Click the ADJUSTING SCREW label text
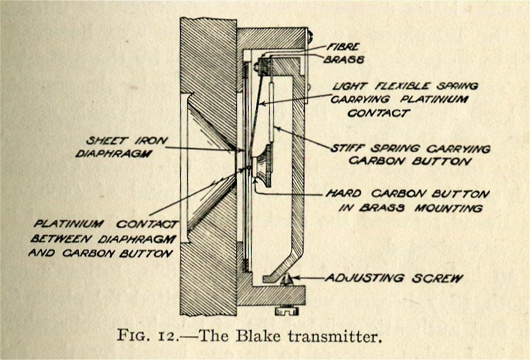[x=394, y=278]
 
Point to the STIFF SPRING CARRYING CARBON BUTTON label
[x=411, y=155]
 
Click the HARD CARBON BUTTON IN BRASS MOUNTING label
[x=407, y=200]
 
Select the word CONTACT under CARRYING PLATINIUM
[x=378, y=113]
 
